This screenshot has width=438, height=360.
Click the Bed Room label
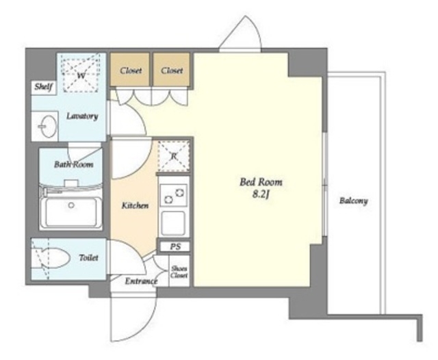[261, 182]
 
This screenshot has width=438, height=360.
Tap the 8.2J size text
[261, 194]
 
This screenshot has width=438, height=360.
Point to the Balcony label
[353, 201]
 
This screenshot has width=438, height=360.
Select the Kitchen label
[135, 206]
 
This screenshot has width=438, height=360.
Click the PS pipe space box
[175, 247]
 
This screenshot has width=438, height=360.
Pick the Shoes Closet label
[179, 272]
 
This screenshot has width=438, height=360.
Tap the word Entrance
[141, 281]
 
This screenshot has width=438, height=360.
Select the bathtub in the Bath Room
[71, 212]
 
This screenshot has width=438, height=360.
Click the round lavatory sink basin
[48, 127]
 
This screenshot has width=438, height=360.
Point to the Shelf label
[43, 87]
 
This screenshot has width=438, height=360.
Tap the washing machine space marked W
[81, 73]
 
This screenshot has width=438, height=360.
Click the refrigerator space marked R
[174, 157]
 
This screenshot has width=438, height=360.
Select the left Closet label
[131, 70]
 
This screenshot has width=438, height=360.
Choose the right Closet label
[172, 70]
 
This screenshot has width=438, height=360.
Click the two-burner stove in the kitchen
[173, 195]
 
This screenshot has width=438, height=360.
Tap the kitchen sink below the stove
[173, 223]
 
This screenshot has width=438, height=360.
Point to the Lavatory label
[82, 116]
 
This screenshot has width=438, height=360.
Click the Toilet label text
[88, 257]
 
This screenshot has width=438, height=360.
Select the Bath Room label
[73, 164]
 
